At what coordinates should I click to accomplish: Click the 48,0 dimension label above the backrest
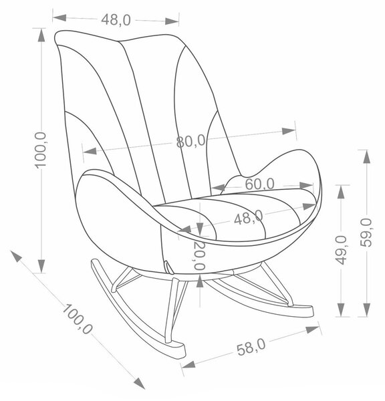(x=116, y=19)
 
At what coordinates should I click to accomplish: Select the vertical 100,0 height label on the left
(x=40, y=150)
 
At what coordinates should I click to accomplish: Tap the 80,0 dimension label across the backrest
(x=191, y=141)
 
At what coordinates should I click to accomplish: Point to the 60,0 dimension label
(x=259, y=184)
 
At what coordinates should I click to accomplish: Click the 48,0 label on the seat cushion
(x=249, y=218)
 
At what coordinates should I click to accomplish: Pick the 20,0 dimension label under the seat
(x=200, y=255)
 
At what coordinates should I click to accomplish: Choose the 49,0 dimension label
(x=341, y=250)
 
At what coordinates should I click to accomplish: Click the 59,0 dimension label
(x=366, y=233)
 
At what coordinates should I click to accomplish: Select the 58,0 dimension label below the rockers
(x=251, y=346)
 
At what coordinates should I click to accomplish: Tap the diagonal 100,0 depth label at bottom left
(x=77, y=319)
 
